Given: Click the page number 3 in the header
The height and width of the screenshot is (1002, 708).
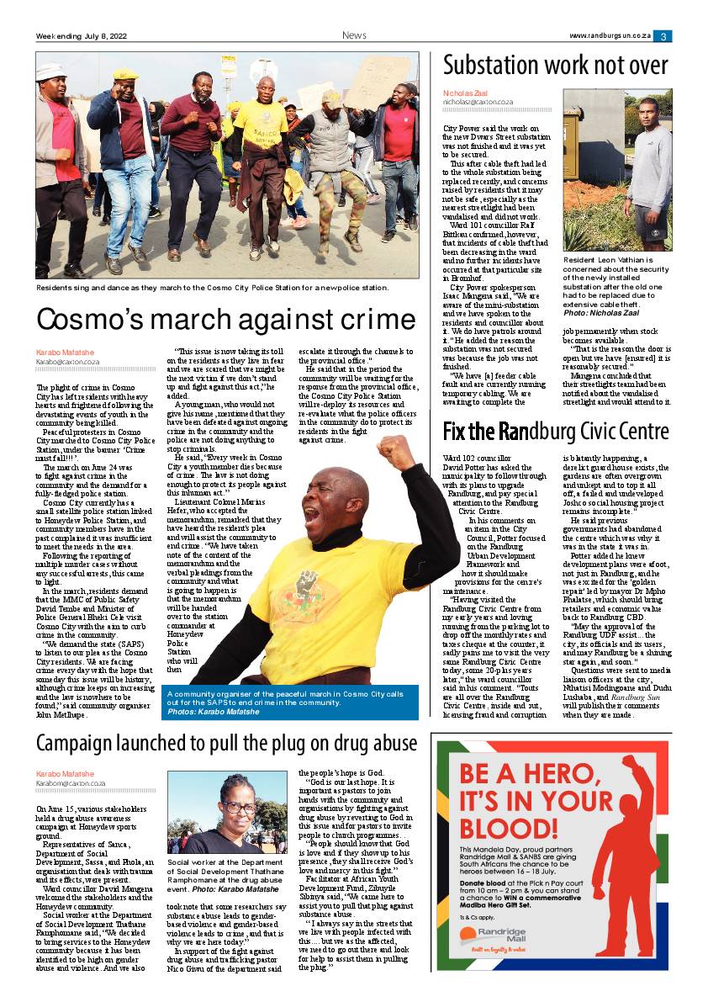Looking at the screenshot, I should click(663, 36).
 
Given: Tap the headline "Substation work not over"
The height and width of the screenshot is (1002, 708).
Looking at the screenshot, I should click(555, 66).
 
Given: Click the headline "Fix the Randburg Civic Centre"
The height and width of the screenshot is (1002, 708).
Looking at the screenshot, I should click(555, 432).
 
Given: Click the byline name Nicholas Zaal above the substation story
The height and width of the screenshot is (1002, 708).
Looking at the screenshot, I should click(464, 93).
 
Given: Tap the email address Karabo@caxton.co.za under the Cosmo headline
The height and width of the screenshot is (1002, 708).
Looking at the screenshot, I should click(67, 362).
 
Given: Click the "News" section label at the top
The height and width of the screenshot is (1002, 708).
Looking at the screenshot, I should click(354, 35).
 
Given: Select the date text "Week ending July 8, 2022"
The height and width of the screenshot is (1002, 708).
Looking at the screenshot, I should click(81, 36).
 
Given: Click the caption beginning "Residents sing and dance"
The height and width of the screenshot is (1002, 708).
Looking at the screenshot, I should click(212, 288).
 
